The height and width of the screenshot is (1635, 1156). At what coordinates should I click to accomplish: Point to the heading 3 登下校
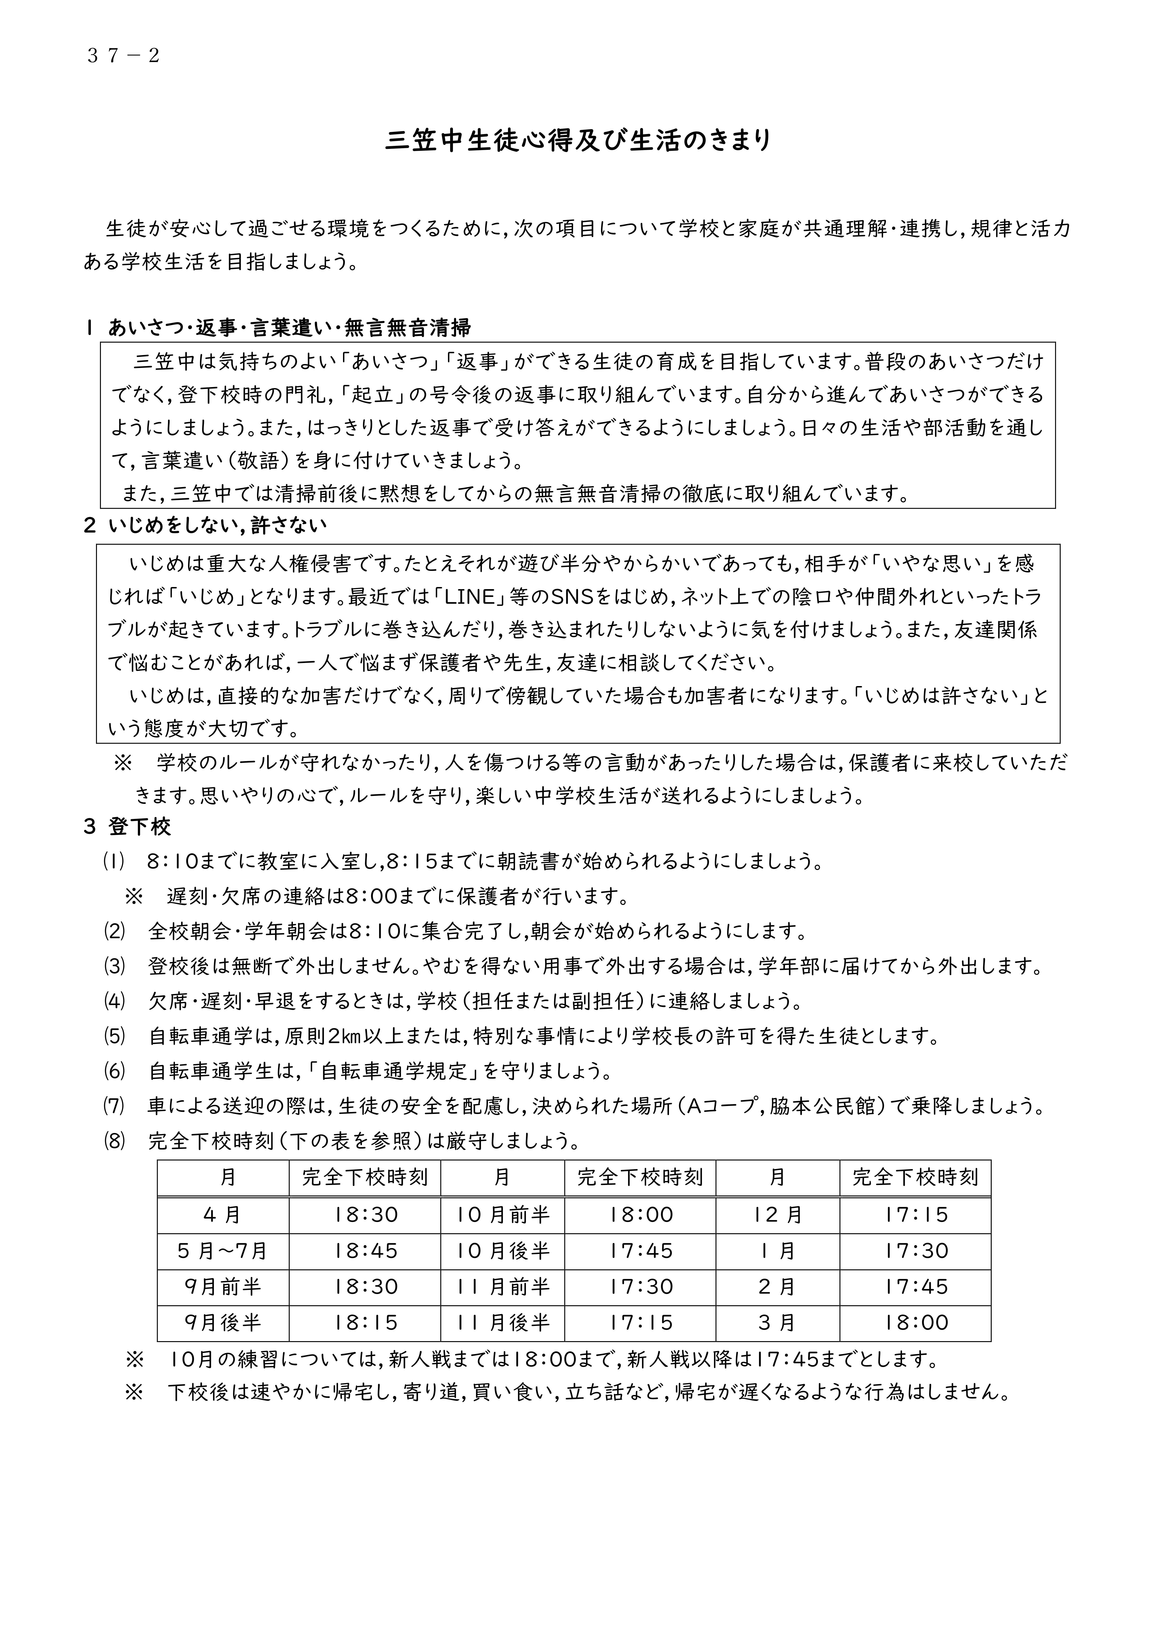pyautogui.click(x=128, y=827)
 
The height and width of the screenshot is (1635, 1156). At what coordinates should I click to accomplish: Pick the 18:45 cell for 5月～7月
pyautogui.click(x=365, y=1251)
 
